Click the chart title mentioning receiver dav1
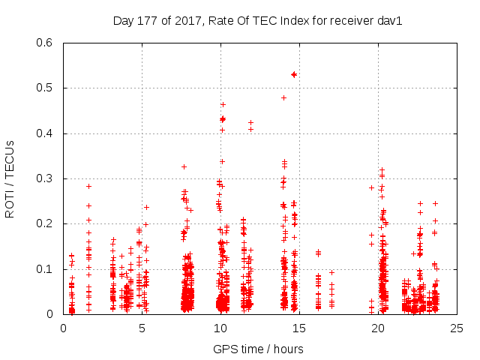pyautogui.click(x=257, y=21)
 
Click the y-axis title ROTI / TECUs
pyautogui.click(x=10, y=178)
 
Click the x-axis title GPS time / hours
pyautogui.click(x=258, y=349)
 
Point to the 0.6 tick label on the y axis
pyautogui.click(x=46, y=43)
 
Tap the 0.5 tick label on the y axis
pyautogui.click(x=46, y=88)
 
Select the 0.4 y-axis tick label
pyautogui.click(x=46, y=133)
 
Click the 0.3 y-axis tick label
pyautogui.click(x=46, y=178)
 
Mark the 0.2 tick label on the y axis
pyautogui.click(x=46, y=224)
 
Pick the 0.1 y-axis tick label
pyautogui.click(x=46, y=269)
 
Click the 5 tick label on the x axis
pyautogui.click(x=142, y=328)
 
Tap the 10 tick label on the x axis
pyautogui.click(x=220, y=328)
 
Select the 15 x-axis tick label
pyautogui.click(x=299, y=328)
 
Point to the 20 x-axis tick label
pyautogui.click(x=378, y=328)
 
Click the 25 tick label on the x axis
pyautogui.click(x=457, y=328)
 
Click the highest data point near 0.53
pyautogui.click(x=294, y=74)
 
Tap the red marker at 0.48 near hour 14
pyautogui.click(x=283, y=97)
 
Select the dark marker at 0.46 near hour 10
pyautogui.click(x=223, y=104)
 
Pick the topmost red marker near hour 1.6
pyautogui.click(x=88, y=186)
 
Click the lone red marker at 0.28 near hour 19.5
pyautogui.click(x=371, y=187)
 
